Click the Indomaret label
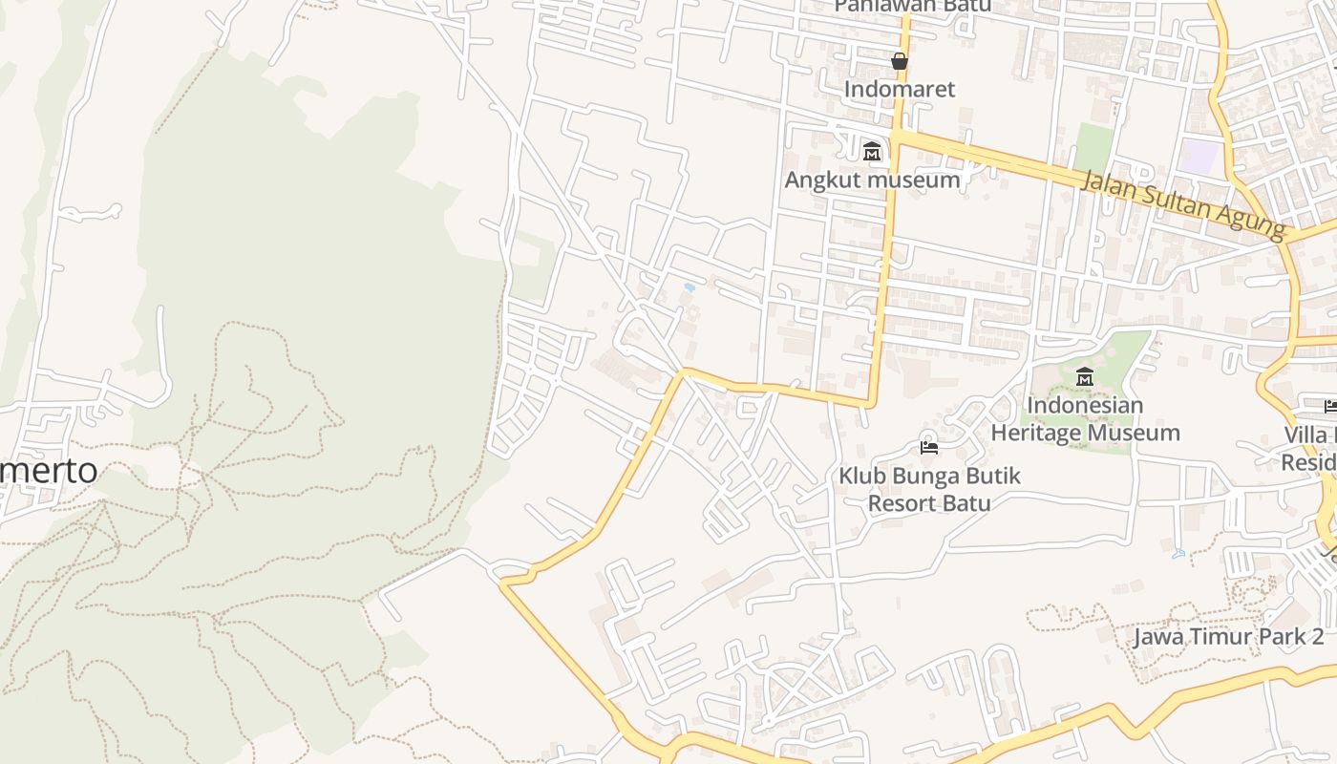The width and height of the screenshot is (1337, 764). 899,89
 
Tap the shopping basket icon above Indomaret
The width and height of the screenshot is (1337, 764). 899,62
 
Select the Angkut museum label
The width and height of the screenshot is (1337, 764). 872,180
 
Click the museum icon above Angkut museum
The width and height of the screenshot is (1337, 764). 871,152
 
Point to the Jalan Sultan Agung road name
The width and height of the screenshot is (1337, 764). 1184,204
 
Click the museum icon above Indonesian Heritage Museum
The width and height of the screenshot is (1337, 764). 1084,377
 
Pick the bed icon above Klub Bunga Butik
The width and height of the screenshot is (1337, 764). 928,447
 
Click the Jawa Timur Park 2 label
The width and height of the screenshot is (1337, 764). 1228,637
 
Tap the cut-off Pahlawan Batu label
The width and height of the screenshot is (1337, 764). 912,6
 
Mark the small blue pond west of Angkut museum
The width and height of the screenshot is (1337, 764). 689,286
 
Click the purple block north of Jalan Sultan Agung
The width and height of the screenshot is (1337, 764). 1199,156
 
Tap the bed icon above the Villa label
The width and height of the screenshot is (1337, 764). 1330,406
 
